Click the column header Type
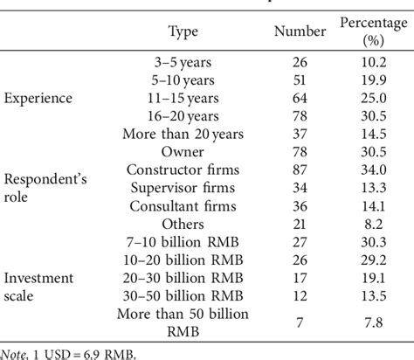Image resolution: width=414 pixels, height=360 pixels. pyautogui.click(x=184, y=32)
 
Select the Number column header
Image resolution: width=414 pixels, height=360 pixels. pyautogui.click(x=300, y=32)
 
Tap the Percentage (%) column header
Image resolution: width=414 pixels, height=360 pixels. pyautogui.click(x=374, y=32)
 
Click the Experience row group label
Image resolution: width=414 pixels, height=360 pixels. pyautogui.click(x=38, y=100)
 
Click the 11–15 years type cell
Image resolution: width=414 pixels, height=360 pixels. pyautogui.click(x=184, y=100)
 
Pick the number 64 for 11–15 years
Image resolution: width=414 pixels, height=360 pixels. pyautogui.click(x=300, y=100)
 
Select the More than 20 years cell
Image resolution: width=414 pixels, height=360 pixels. pyautogui.click(x=184, y=134)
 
